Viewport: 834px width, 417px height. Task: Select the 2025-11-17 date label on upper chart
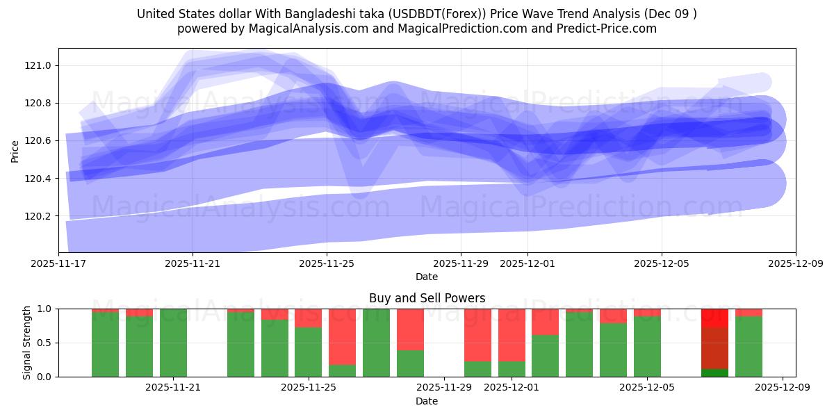[x=58, y=264]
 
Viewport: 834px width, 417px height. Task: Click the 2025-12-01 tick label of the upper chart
[x=527, y=264]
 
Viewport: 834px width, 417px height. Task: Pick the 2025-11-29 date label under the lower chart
[x=444, y=388]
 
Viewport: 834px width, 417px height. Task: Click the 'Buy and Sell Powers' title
[x=427, y=299]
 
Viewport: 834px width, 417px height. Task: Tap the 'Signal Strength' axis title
[x=28, y=343]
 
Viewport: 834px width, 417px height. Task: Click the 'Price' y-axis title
[x=15, y=151]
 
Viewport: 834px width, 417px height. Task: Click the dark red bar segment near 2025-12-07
[x=714, y=347]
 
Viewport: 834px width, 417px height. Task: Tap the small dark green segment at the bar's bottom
[x=714, y=373]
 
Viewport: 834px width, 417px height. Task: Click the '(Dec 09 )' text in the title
[x=671, y=14]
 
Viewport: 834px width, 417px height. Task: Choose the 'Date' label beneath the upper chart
[x=427, y=277]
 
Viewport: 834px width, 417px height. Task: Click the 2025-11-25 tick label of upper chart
[x=327, y=264]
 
